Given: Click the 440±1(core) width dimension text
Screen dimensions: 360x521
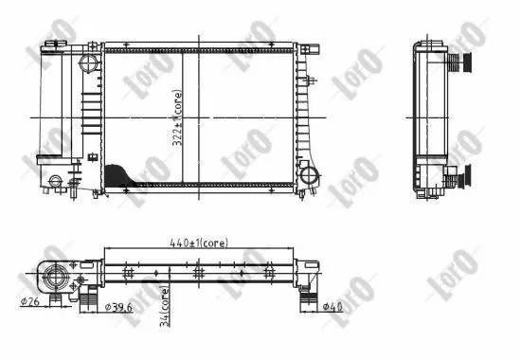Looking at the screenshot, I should point(201,243).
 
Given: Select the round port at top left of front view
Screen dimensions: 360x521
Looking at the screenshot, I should point(90,63).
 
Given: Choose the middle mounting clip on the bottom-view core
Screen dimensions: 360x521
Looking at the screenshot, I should point(199,272).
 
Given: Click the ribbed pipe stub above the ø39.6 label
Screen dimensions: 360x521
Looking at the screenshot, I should point(88,299).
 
